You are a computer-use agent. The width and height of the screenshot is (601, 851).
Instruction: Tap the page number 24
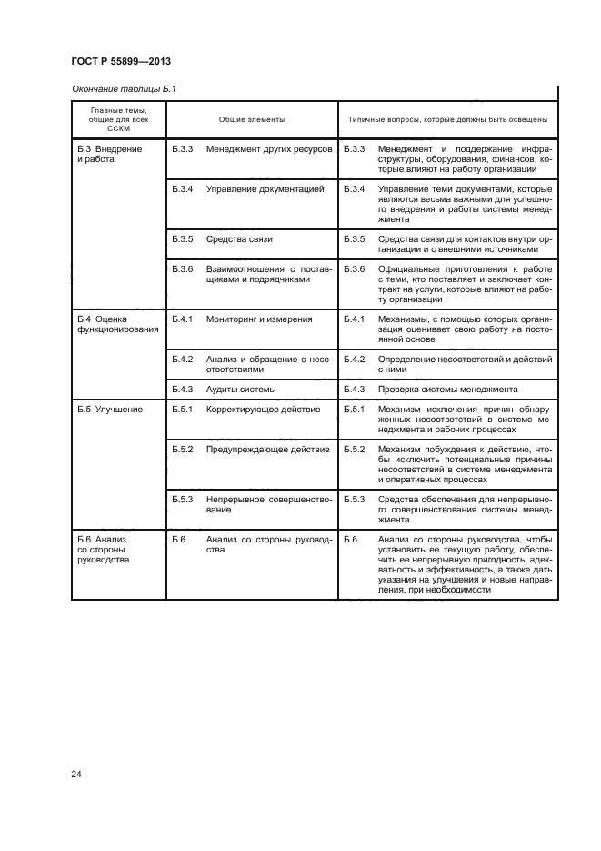[76, 774]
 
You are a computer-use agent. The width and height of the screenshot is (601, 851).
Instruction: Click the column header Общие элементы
[251, 119]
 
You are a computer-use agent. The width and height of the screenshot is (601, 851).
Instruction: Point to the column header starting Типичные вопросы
[447, 119]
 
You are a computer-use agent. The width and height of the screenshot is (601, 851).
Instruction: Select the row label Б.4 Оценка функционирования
[110, 325]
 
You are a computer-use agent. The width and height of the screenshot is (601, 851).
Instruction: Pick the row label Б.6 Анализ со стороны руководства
[104, 550]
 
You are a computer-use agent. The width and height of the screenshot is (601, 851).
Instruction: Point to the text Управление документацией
[265, 189]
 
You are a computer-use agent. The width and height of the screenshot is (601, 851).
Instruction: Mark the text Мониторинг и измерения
[259, 319]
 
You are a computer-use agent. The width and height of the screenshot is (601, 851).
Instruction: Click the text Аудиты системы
[241, 389]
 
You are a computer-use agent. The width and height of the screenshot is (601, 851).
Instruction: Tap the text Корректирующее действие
[263, 409]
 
